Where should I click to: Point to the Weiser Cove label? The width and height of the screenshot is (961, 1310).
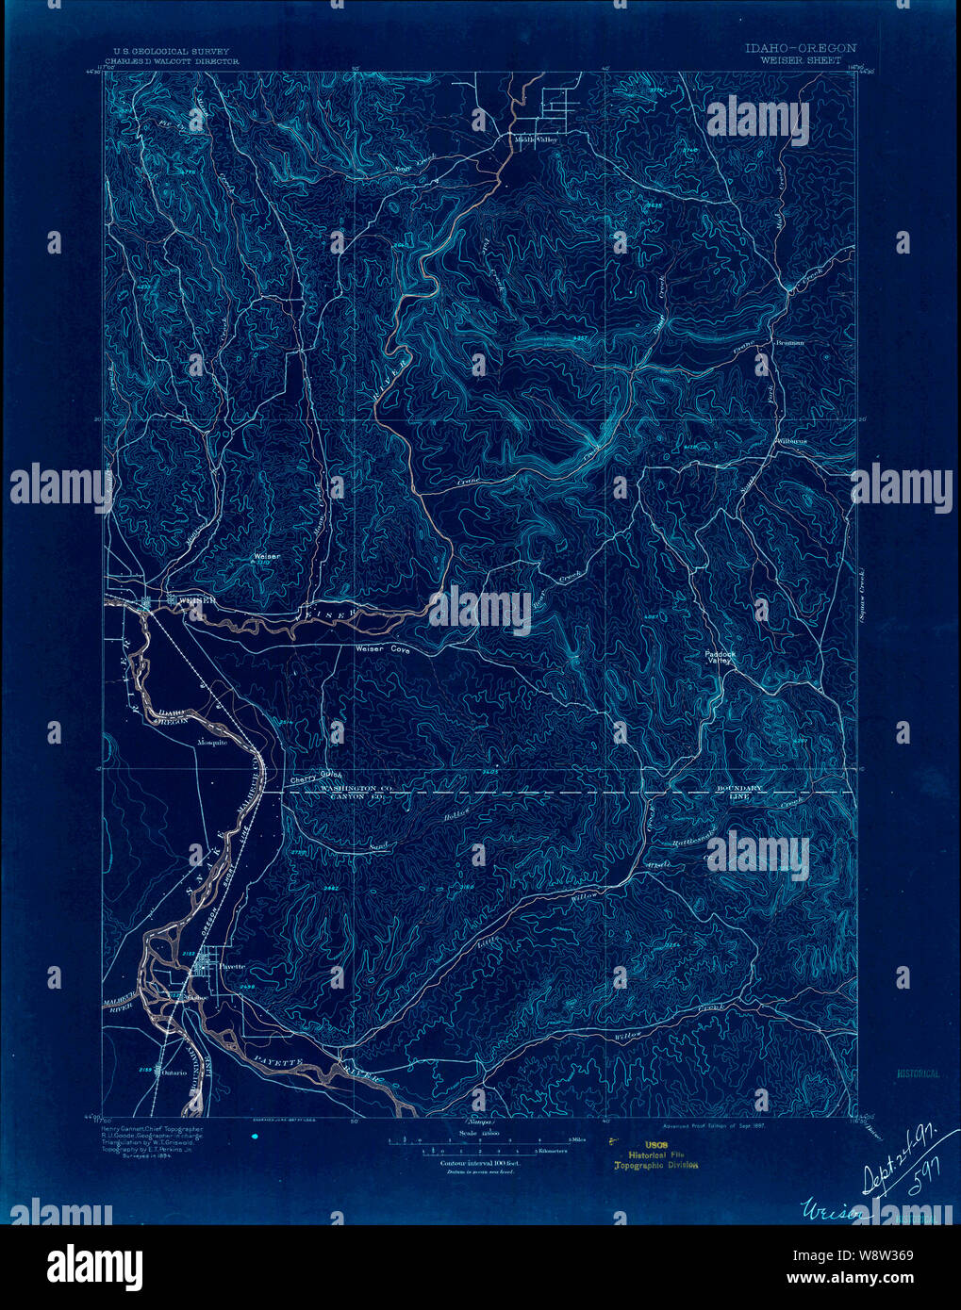[x=381, y=649]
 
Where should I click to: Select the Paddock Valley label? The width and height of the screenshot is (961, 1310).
[x=719, y=657]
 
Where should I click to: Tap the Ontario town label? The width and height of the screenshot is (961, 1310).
[x=174, y=1071]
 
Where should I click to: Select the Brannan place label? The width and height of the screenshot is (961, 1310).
[x=789, y=342]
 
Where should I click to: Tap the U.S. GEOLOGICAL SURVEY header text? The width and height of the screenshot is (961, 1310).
[x=171, y=52]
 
